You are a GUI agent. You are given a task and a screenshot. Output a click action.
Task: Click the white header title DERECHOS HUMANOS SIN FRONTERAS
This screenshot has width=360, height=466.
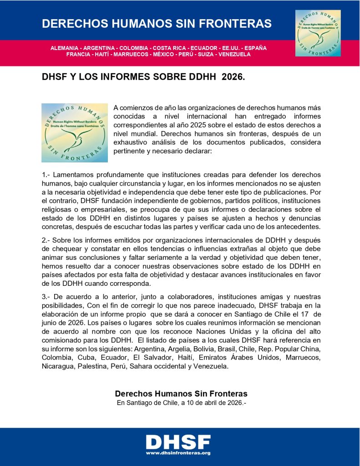(x=157, y=24)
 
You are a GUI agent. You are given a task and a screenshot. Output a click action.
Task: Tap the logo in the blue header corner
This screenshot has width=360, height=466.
(x=318, y=33)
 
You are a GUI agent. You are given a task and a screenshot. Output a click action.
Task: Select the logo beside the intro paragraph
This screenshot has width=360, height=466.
(x=75, y=133)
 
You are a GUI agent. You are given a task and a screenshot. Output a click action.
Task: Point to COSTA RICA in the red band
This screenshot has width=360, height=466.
(x=169, y=48)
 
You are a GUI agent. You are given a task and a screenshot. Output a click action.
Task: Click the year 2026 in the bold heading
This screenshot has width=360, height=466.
(x=233, y=78)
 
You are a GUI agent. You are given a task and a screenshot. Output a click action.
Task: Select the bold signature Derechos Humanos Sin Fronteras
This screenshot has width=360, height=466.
(x=181, y=394)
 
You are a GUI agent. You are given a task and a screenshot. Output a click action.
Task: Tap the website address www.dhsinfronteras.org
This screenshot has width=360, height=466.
(x=178, y=453)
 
